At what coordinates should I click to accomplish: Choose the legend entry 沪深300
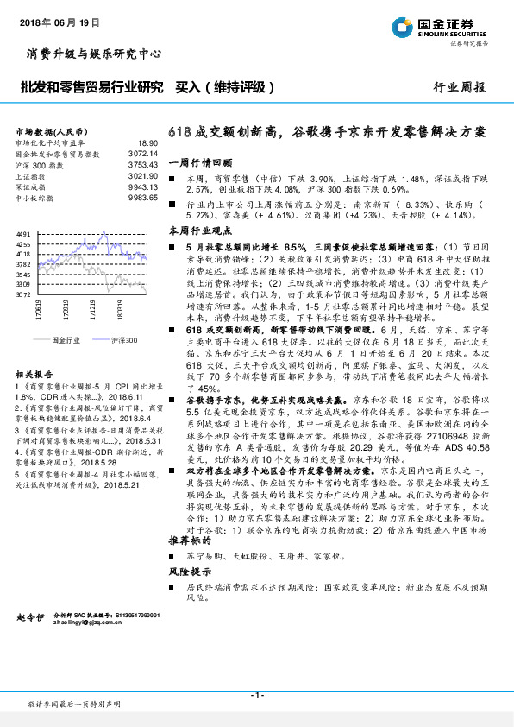[124, 340]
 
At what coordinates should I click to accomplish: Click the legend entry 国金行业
[65, 340]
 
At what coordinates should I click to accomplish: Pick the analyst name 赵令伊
[30, 619]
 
